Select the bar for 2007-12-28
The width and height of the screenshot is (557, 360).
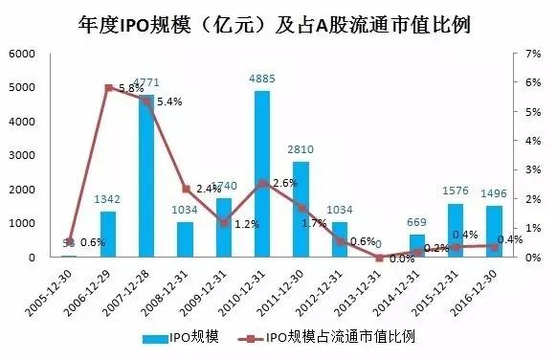pos(146,177)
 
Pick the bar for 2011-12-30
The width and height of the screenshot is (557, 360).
pos(301,210)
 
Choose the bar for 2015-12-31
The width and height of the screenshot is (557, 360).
pos(455,231)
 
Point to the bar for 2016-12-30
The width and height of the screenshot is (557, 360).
pos(493,232)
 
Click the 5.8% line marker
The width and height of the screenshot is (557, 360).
pos(108,87)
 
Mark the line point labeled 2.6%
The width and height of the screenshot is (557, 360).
pos(262,182)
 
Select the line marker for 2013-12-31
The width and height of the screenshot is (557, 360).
pos(378,258)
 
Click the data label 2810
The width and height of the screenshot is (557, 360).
pos(301,151)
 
